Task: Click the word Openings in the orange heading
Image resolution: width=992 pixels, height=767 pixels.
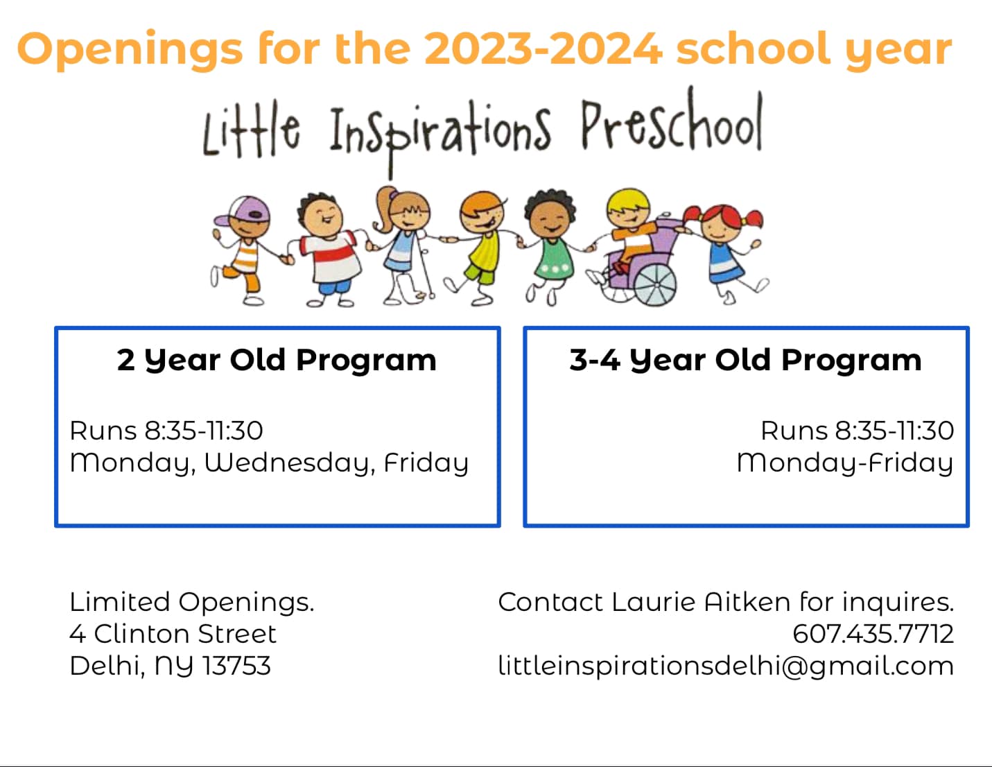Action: click(x=130, y=50)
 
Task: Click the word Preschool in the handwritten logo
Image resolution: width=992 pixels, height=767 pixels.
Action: click(x=672, y=119)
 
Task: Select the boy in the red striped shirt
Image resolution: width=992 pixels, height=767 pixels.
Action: click(x=329, y=250)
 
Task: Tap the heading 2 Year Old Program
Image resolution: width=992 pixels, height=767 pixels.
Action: click(x=277, y=361)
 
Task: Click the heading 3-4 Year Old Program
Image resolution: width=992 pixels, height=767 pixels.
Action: click(x=745, y=361)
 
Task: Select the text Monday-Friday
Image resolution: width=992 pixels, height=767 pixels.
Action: click(x=845, y=463)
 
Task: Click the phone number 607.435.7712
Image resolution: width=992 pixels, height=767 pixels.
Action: click(x=873, y=634)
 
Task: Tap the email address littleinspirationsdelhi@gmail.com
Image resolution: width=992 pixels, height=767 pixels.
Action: click(x=726, y=666)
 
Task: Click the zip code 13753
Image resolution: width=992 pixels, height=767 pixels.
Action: click(x=236, y=666)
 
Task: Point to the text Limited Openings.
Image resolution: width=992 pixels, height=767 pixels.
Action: click(x=192, y=603)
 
